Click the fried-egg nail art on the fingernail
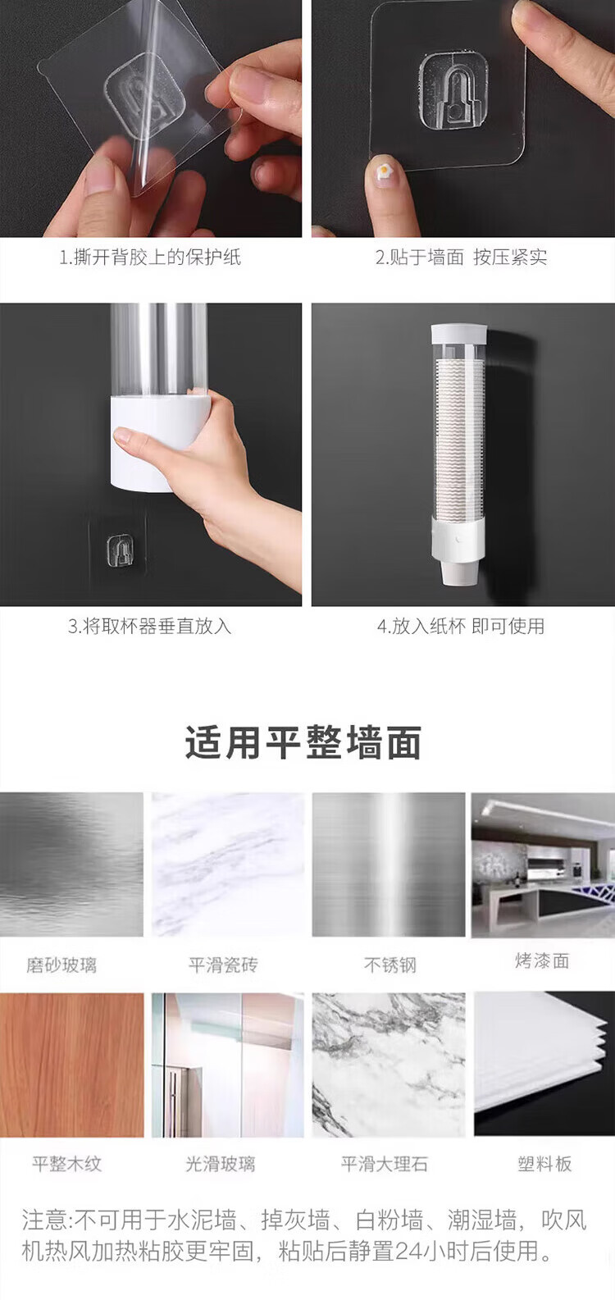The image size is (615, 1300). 384,171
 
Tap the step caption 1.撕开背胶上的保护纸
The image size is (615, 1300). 150,257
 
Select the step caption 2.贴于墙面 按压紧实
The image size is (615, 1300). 461,257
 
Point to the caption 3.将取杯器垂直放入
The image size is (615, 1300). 150,626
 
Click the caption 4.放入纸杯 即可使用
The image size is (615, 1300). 461,626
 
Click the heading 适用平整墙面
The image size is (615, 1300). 303,742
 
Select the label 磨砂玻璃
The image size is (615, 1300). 61,965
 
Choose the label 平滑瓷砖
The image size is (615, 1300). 223,965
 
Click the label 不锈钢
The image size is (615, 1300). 389,965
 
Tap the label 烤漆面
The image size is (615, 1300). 542,960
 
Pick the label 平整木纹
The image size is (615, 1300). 66,1164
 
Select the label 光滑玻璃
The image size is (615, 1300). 220,1164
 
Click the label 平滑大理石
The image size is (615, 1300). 384,1164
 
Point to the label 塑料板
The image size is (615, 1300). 544,1164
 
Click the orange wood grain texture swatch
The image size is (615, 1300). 72,1065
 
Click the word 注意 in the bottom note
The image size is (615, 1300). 44,1220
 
